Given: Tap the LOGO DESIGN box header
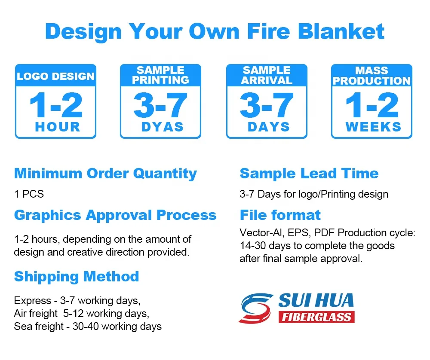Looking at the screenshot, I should pos(55,76).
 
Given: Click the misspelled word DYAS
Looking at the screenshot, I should pos(162,127).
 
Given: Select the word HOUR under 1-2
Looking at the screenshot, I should pos(58,127).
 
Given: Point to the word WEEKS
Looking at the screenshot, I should pos(373,127).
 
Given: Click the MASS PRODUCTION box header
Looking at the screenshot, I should pos(372,76).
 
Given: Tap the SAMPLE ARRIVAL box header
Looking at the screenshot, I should pos(267,75).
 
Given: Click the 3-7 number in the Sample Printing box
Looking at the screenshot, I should pos(160,106).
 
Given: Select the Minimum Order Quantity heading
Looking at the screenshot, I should pos(105,174).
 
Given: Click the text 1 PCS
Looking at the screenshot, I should pos(29,194).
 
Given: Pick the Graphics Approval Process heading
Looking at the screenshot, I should pos(115,215).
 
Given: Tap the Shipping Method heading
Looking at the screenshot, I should pos(76,276).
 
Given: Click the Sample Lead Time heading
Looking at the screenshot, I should pos(309,174).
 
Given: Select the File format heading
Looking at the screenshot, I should pos(280,215).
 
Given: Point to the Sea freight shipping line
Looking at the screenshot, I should pos(88,326).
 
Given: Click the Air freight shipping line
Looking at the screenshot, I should pos(81,313).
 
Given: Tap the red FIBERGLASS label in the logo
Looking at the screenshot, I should pos(316,317).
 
